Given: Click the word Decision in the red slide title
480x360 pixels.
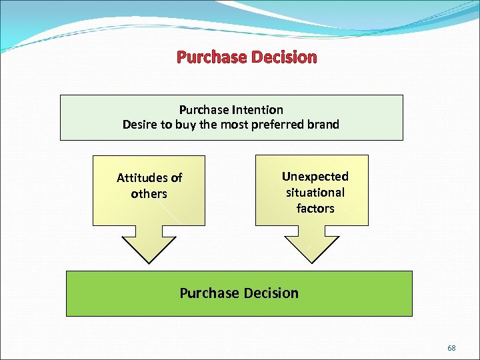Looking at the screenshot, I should click(x=285, y=57).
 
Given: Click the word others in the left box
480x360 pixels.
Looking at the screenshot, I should click(x=149, y=194).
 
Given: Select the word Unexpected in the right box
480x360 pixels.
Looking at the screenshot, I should click(x=315, y=177).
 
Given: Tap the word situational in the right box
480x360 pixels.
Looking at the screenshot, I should click(x=315, y=193).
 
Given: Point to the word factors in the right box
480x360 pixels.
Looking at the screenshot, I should click(x=315, y=209).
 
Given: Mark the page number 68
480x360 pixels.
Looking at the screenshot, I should click(x=451, y=348).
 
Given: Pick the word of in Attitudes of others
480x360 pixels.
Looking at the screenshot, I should click(x=176, y=178).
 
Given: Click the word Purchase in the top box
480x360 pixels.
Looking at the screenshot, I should click(x=204, y=110).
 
